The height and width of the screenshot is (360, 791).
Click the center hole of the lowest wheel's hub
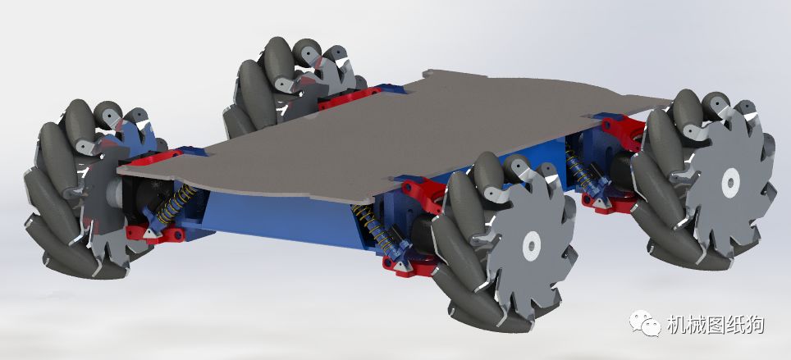(x=532, y=246)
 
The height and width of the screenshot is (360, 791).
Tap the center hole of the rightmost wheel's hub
(x=730, y=183)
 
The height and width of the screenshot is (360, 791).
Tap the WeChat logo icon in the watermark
(x=644, y=323)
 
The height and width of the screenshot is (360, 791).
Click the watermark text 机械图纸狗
(x=715, y=325)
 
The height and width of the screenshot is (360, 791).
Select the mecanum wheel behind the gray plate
(x=293, y=83)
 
